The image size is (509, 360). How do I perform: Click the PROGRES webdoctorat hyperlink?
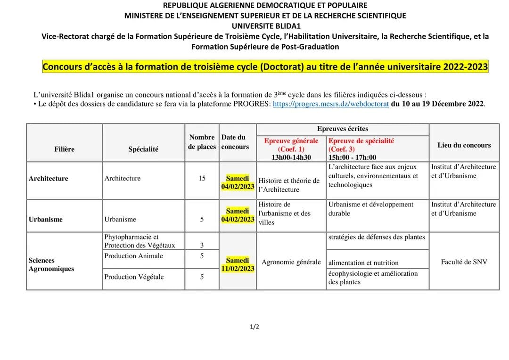331,104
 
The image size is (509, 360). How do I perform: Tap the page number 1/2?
254,327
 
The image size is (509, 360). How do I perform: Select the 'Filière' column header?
64,149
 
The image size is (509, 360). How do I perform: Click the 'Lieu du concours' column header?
464,145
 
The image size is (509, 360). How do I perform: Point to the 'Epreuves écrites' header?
343,129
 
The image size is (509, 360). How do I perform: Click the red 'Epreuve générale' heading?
291,141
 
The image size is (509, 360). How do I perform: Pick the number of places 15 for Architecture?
202,178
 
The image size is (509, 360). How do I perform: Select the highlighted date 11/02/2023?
238,269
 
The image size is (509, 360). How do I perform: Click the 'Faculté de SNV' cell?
464,262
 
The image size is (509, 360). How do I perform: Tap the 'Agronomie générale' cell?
291,262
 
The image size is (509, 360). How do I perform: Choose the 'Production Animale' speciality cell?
133,256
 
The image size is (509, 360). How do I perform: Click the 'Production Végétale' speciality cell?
134,277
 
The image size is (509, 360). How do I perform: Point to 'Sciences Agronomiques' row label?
45,264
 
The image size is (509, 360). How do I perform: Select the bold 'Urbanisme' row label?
46,219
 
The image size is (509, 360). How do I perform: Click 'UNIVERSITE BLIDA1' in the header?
266,26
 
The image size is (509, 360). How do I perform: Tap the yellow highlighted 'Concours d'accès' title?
265,67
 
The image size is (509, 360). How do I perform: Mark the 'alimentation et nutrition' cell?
363,263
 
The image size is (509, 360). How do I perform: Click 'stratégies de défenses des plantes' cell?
377,237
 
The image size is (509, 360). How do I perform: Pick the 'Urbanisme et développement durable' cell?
370,209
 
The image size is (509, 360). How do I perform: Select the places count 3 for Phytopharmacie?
202,245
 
